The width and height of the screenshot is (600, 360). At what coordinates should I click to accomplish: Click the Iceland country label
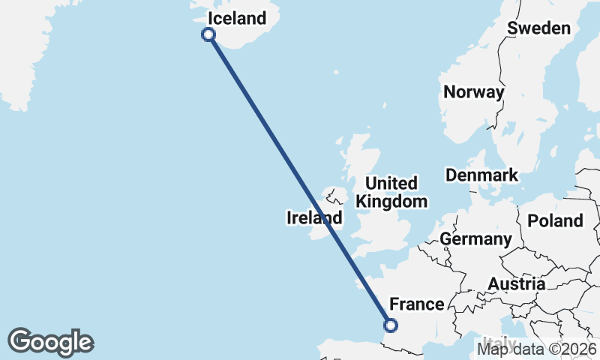tap(237, 18)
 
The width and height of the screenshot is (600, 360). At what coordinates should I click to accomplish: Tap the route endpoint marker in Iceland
tap(209, 34)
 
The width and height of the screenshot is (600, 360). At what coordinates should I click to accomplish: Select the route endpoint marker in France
tap(390, 325)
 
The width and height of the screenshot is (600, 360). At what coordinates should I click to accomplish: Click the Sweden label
tap(538, 28)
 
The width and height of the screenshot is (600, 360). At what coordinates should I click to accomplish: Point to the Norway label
tap(474, 92)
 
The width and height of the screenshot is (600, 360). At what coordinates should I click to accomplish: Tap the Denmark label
tap(481, 175)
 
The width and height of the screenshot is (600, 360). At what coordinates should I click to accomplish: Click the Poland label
tap(555, 220)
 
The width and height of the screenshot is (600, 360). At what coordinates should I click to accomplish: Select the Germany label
tap(475, 239)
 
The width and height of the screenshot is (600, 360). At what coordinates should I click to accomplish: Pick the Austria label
tap(517, 284)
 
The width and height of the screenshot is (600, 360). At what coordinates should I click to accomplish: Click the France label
tap(417, 304)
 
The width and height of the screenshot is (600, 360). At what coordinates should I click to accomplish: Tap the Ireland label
tap(314, 218)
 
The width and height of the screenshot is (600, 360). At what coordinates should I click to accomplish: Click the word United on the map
tap(391, 184)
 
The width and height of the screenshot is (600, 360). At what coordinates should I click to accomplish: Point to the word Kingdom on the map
tap(391, 201)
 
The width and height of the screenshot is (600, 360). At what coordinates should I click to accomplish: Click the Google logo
tap(50, 341)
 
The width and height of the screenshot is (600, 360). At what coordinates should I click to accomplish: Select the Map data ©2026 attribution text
tap(537, 349)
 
